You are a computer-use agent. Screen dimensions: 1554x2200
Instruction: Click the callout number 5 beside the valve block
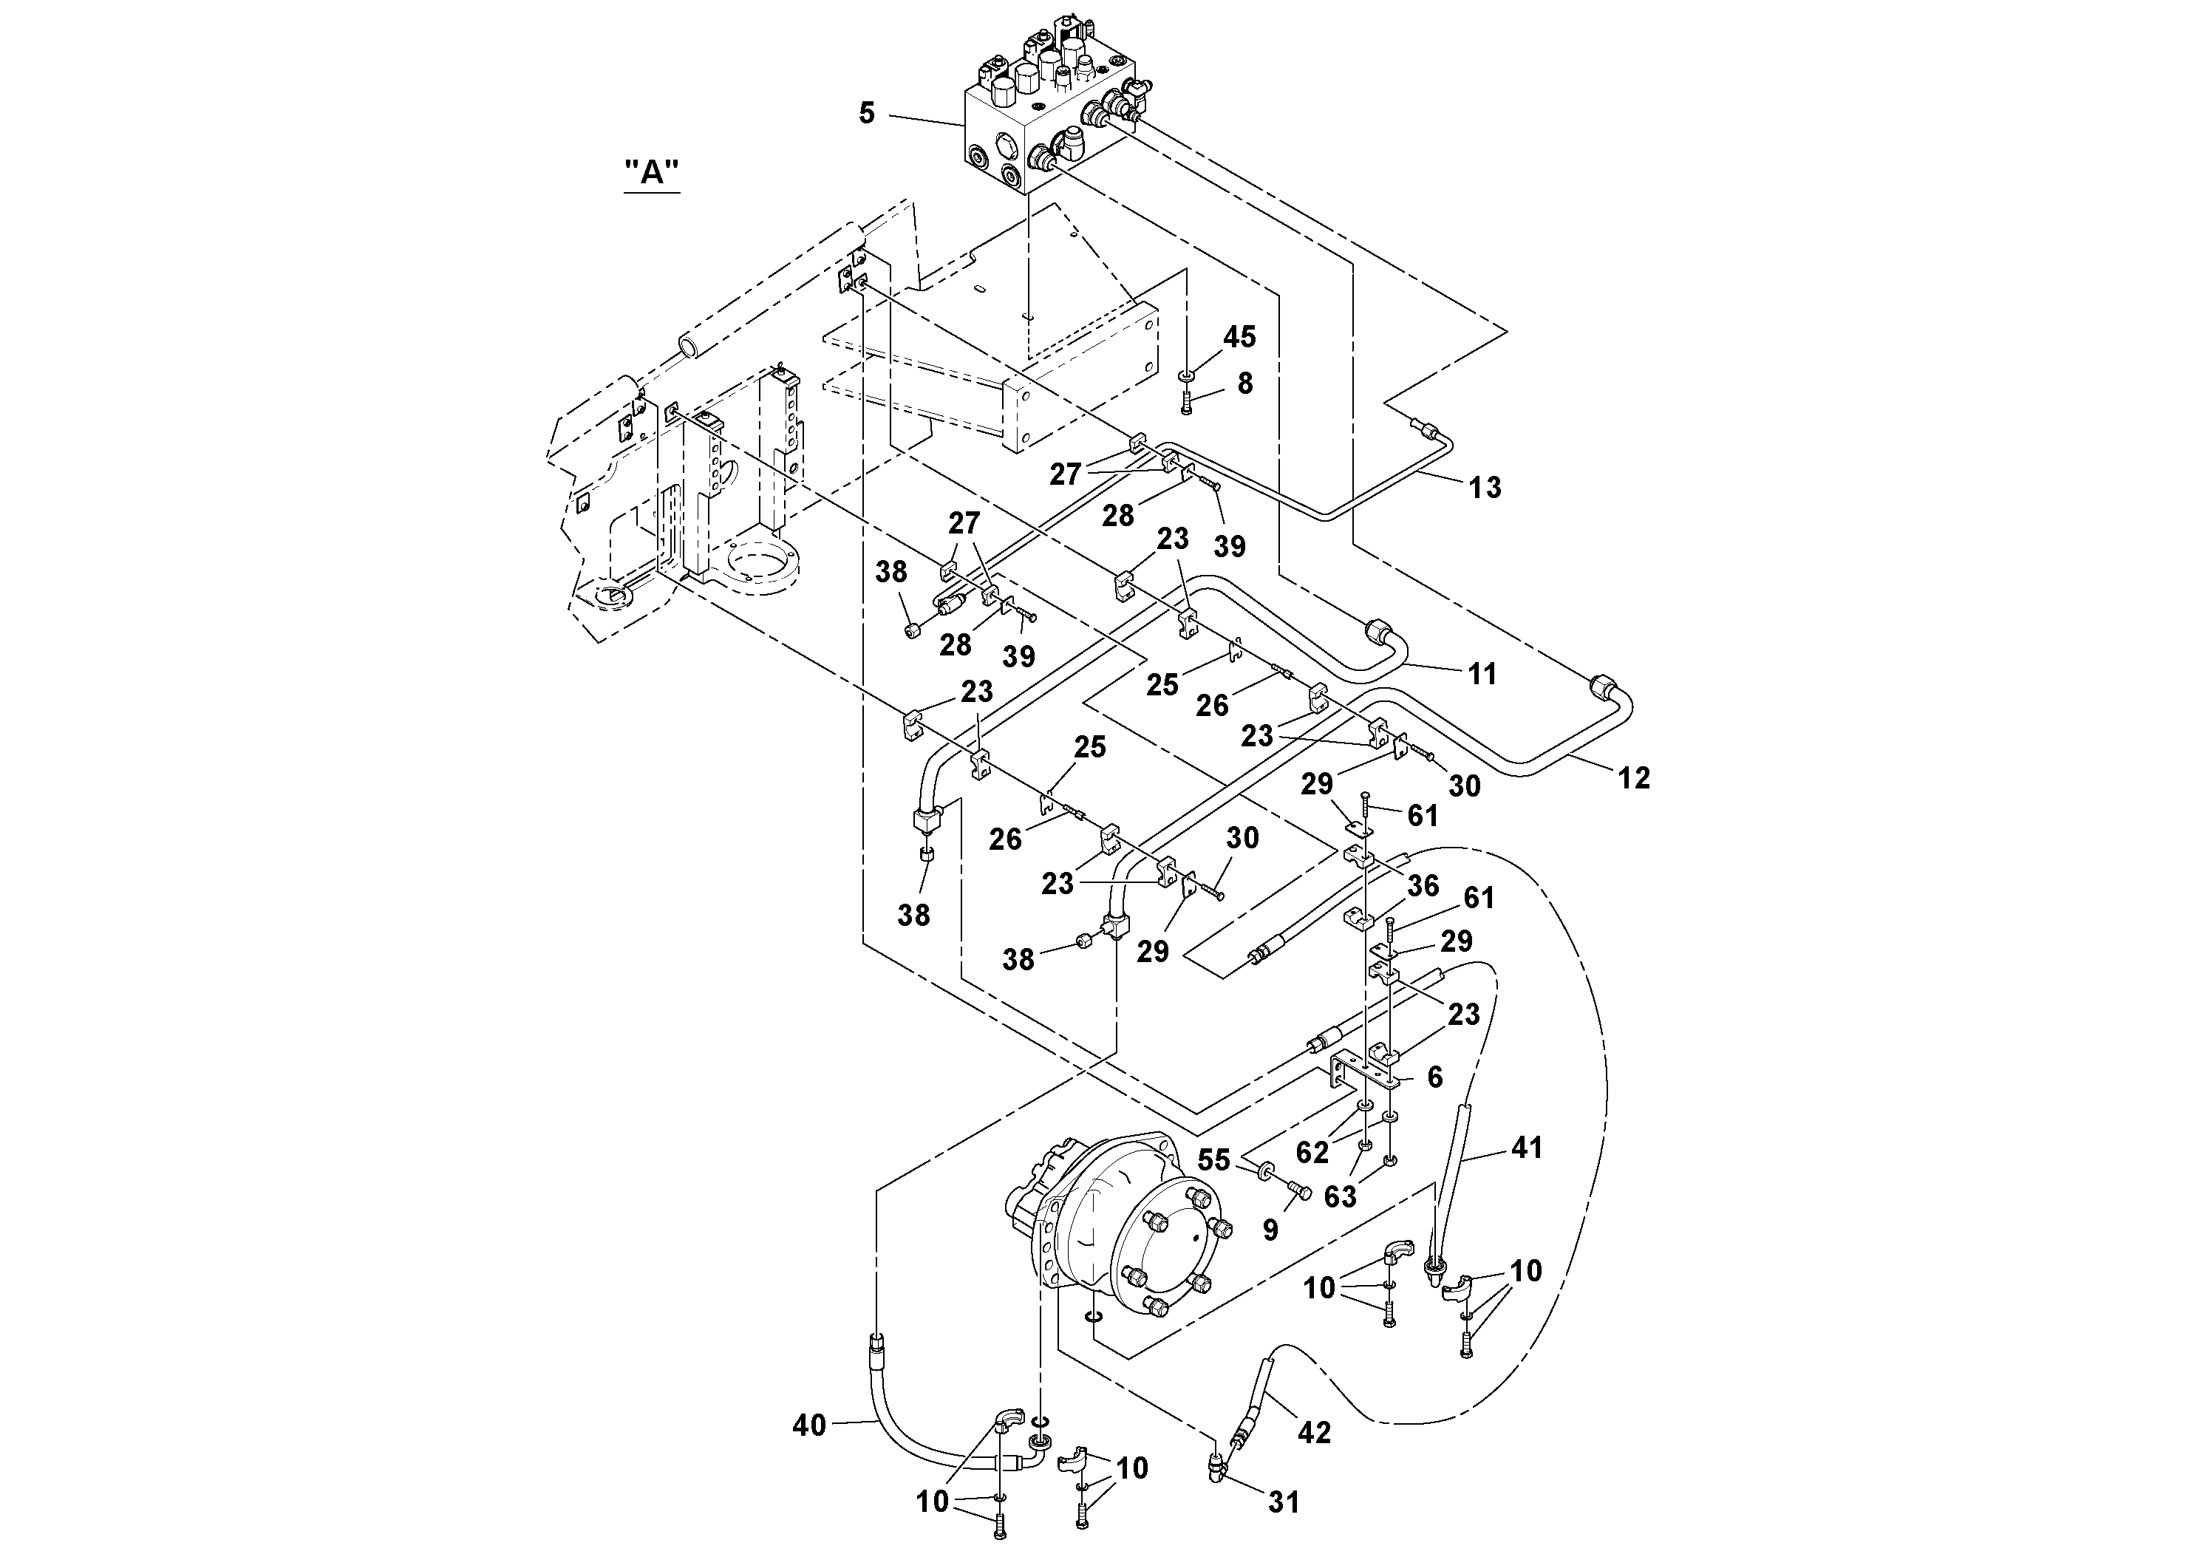(x=866, y=114)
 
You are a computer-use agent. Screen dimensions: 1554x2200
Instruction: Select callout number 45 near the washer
(x=1239, y=336)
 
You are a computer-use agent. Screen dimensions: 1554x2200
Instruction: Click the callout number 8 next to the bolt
(x=1244, y=384)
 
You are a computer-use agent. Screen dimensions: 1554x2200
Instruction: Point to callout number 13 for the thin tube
(x=1484, y=487)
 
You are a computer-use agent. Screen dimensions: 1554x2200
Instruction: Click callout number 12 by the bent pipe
(x=1634, y=778)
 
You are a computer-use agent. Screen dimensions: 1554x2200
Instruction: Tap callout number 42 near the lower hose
(x=1314, y=1431)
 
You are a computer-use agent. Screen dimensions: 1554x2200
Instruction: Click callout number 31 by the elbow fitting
(x=1283, y=1502)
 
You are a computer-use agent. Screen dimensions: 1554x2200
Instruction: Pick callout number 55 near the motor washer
(x=1214, y=1160)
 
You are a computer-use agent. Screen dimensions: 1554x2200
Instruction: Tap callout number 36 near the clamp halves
(x=1423, y=885)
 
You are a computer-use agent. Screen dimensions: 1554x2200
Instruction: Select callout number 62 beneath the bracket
(x=1312, y=1151)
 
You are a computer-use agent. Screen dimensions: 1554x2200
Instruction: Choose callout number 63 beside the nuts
(x=1340, y=1196)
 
